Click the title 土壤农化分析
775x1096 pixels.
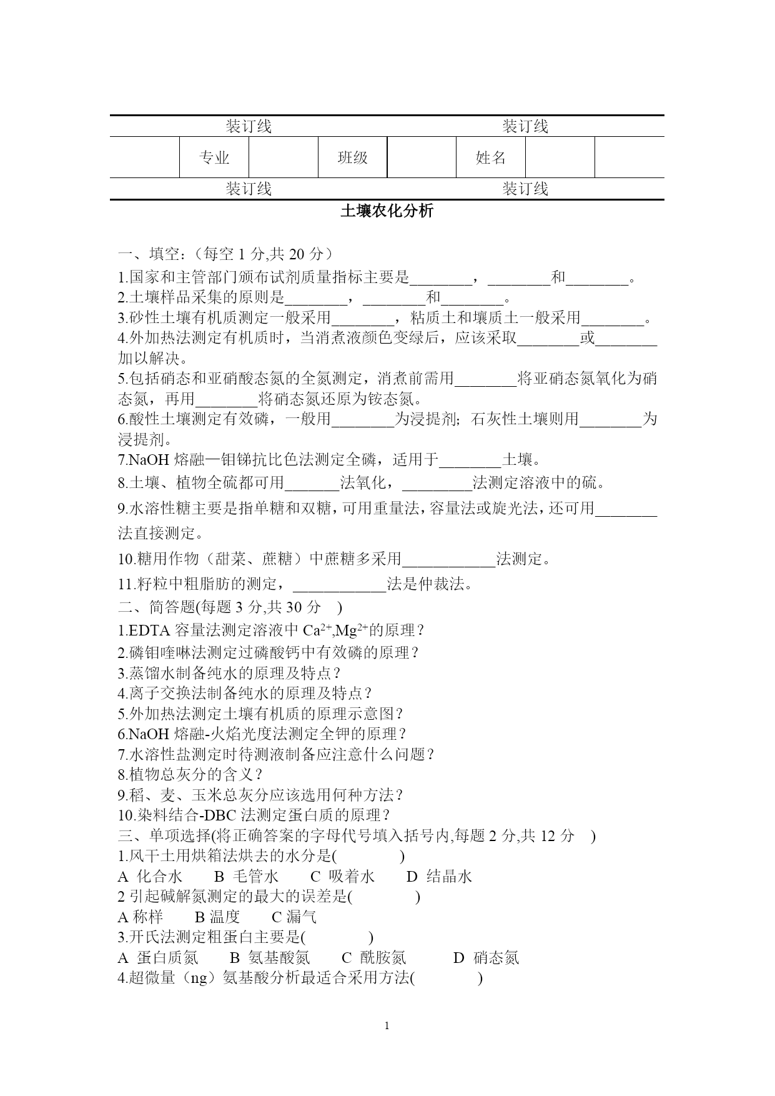(x=387, y=211)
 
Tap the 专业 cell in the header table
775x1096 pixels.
(x=214, y=158)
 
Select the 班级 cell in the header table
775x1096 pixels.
(x=352, y=158)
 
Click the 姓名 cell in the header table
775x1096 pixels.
(x=491, y=158)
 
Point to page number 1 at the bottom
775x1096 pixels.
(x=387, y=1025)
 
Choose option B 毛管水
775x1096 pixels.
(x=247, y=877)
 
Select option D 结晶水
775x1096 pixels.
(x=440, y=877)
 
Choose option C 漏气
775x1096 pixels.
(x=294, y=917)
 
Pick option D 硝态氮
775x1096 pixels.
(x=486, y=958)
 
